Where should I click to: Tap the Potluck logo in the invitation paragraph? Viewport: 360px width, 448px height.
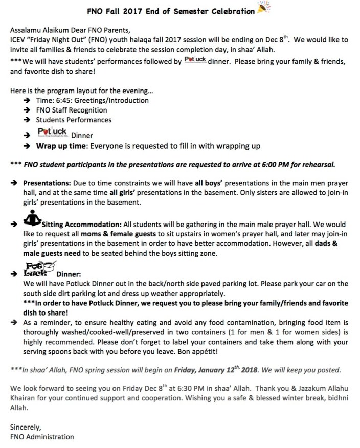(195, 60)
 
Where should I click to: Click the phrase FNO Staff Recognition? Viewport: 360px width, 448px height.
(72, 110)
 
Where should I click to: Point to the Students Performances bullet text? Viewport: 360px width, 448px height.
(74, 120)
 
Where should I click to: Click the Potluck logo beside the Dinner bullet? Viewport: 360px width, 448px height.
(52, 133)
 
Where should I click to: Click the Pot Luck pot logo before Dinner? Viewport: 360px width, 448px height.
(38, 269)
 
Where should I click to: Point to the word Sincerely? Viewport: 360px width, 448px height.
(26, 427)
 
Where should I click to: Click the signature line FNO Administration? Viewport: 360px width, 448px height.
(42, 437)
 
